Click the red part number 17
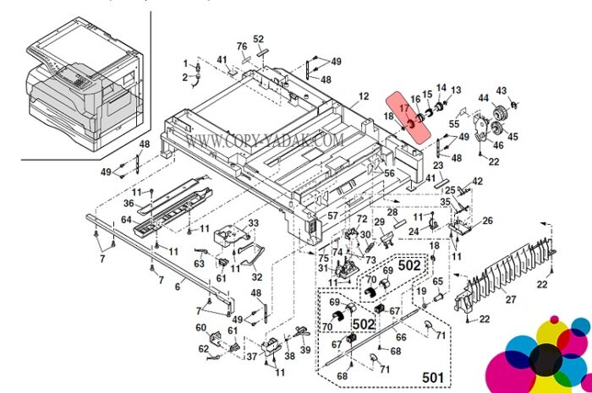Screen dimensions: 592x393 pos(404,108)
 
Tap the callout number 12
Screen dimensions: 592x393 pos(363,96)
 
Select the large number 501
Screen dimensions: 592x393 pos(433,377)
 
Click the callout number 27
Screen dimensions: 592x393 pos(511,299)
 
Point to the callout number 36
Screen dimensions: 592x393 pos(129,204)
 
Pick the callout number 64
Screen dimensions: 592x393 pos(126,220)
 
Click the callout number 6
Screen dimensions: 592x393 pos(178,287)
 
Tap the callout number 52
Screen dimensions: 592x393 pos(258,39)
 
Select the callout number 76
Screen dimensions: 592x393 pos(242,46)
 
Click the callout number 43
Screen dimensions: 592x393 pos(501,91)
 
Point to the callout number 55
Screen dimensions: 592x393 pos(454,123)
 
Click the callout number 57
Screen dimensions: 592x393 pos(332,216)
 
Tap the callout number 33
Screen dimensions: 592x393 pos(253,223)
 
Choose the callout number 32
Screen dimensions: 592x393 pos(257,277)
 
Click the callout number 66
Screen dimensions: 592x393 pos(401,337)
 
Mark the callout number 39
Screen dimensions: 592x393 pos(305,350)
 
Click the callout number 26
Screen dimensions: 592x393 pos(487,221)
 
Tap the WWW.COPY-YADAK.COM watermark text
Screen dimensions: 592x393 pos(265,140)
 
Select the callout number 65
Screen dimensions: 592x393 pos(437,281)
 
